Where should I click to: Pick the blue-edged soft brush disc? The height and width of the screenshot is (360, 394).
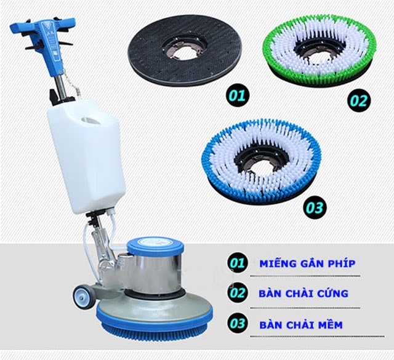tap(261, 163)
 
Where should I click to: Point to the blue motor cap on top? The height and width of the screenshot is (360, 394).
tap(155, 246)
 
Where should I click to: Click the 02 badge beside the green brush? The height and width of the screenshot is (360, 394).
tap(359, 100)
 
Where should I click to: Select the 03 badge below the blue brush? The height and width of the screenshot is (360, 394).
tap(315, 208)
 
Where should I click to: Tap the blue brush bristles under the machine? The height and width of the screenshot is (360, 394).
tap(155, 329)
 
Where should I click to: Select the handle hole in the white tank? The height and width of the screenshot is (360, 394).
tap(91, 121)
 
